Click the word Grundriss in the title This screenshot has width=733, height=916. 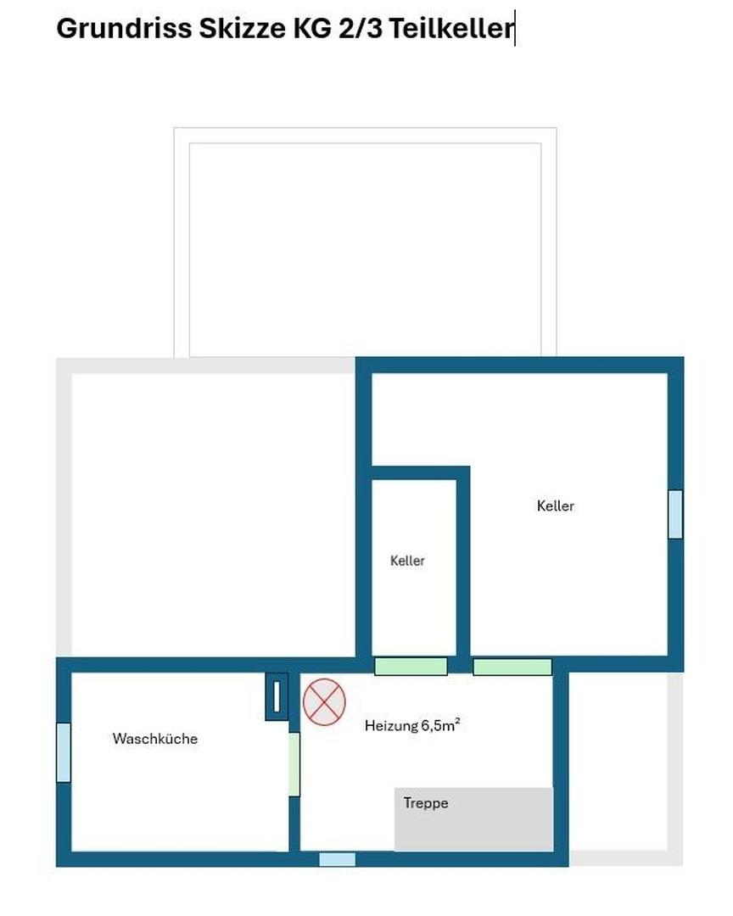[x=124, y=27]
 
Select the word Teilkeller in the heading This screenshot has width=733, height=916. [x=451, y=27]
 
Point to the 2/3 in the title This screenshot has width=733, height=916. [x=361, y=27]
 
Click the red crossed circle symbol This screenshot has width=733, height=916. [x=324, y=702]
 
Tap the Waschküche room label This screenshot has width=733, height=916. [x=155, y=739]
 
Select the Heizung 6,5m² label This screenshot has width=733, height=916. [x=412, y=725]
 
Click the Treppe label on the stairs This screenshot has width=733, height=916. [x=426, y=803]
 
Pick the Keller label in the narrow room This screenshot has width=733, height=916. [x=407, y=561]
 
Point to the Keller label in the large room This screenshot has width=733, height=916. [x=556, y=505]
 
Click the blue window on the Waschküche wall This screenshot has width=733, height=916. [x=64, y=752]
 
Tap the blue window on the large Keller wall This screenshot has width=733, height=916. [x=675, y=514]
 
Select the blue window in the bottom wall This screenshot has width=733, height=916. [x=338, y=859]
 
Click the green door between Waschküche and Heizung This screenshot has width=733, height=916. [x=294, y=764]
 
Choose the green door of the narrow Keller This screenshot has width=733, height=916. [x=411, y=667]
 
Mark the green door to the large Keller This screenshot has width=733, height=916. [x=512, y=667]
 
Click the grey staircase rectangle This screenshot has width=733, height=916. [x=473, y=819]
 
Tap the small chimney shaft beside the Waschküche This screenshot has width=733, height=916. [x=277, y=696]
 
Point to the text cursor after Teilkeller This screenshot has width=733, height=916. [x=514, y=28]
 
